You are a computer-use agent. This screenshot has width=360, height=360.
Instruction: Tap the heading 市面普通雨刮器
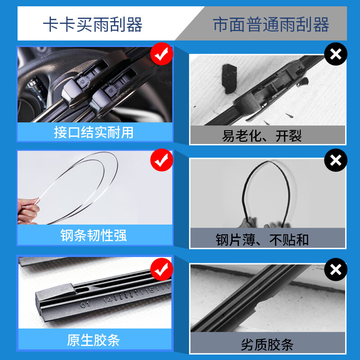(271, 24)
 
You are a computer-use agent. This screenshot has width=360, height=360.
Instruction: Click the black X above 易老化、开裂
(336, 55)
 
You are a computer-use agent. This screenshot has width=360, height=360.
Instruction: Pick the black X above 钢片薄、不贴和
(336, 160)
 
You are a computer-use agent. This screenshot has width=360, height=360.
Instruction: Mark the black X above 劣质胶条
(336, 270)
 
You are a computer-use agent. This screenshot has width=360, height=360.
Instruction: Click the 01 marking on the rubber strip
(85, 305)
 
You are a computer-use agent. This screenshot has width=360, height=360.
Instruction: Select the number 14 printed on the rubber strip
(107, 298)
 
